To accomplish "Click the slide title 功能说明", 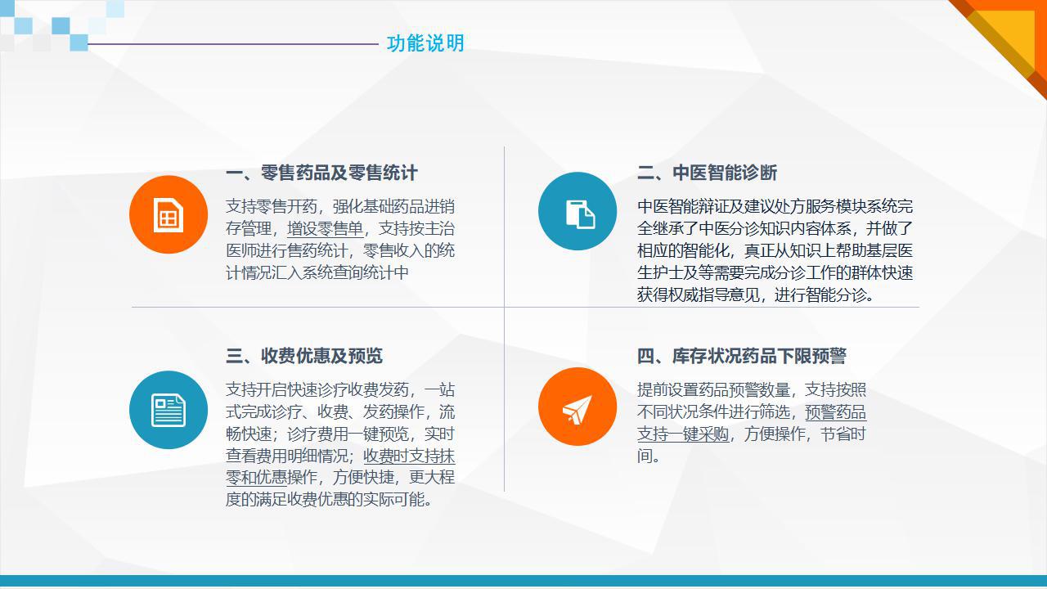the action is click(x=425, y=43).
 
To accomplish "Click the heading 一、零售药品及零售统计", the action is click(x=321, y=173).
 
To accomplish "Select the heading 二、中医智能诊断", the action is click(x=708, y=173).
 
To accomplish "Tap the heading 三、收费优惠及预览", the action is click(x=304, y=356).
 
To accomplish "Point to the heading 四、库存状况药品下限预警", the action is click(x=742, y=356).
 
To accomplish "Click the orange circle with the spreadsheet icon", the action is click(x=169, y=214).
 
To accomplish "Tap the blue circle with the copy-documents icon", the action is click(x=577, y=211).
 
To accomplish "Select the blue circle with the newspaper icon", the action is click(x=169, y=410).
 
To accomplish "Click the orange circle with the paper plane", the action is click(x=577, y=407).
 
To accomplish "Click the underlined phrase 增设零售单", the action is click(x=326, y=228).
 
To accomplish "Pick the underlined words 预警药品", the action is click(x=836, y=411).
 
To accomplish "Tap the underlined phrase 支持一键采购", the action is click(x=683, y=434).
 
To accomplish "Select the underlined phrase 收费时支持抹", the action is click(x=409, y=456).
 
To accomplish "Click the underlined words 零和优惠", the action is click(x=256, y=477).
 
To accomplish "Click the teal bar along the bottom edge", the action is click(x=523, y=581).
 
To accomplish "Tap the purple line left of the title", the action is click(x=233, y=44).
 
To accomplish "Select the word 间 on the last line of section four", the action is click(x=645, y=456).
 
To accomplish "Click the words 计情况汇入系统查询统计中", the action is click(x=317, y=272).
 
